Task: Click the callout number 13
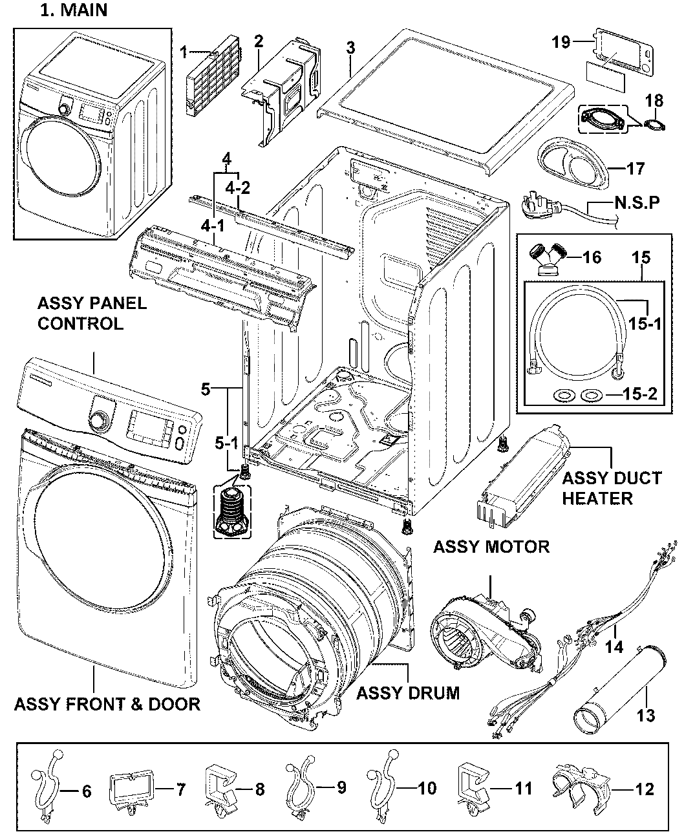tap(646, 715)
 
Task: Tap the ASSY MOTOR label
tap(491, 546)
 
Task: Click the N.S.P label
tap(637, 204)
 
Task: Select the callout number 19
tap(561, 42)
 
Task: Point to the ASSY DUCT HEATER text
tap(612, 488)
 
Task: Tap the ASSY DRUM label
tap(408, 693)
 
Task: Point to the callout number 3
tap(350, 48)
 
